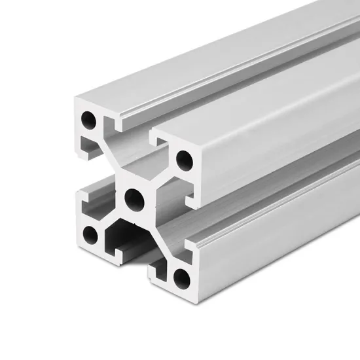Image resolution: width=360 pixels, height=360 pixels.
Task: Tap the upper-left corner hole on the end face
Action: [x=87, y=120]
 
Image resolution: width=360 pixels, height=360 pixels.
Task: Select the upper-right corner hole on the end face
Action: [x=184, y=158]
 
